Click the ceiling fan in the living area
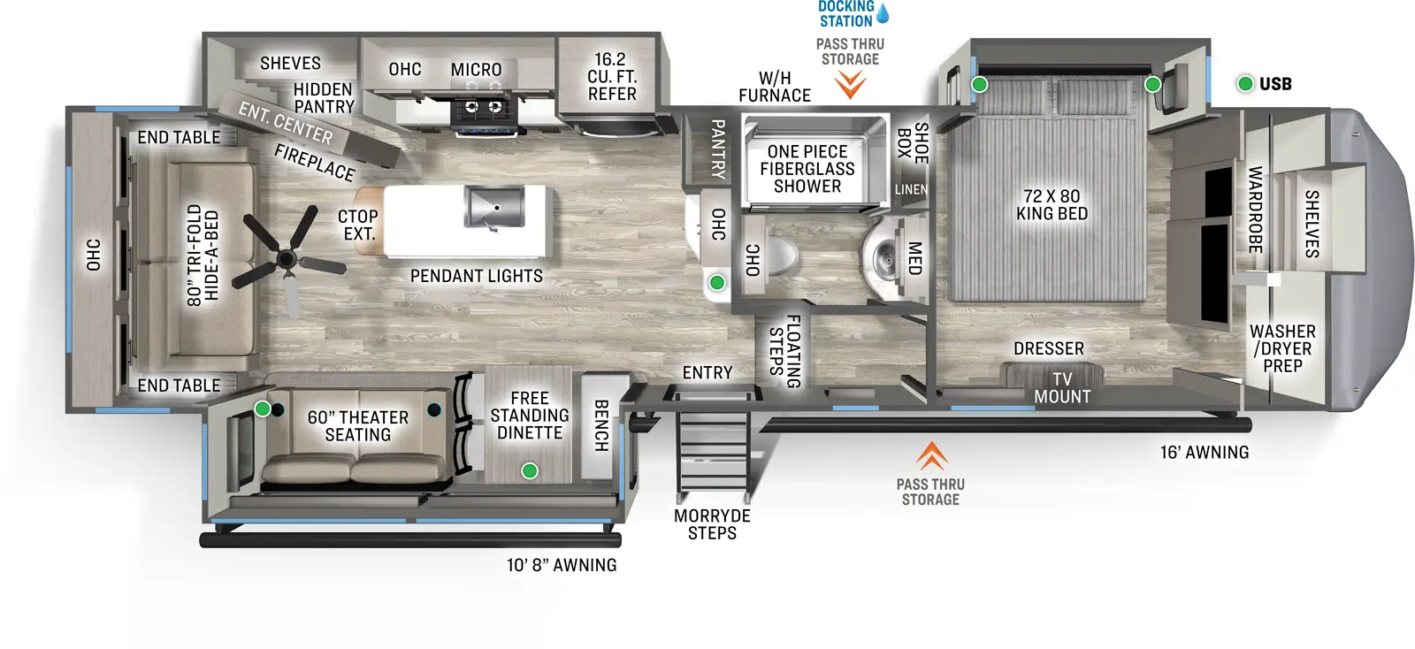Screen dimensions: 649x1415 point(286,258)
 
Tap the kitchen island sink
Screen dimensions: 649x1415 point(493,207)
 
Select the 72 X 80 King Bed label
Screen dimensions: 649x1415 point(1052,205)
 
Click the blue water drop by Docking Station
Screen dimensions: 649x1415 point(882,13)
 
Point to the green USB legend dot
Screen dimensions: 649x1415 point(1245,84)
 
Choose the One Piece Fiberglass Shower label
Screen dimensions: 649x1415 point(807,169)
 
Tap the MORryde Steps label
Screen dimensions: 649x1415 point(712,524)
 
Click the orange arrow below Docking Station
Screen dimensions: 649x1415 point(850,85)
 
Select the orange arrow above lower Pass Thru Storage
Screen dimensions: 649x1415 point(931,456)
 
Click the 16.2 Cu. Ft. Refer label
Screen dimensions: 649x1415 point(611,77)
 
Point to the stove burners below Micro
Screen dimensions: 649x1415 point(483,108)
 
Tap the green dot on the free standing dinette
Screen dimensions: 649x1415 point(529,470)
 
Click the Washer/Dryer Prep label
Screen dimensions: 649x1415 point(1282,348)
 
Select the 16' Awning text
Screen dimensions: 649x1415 point(1205,453)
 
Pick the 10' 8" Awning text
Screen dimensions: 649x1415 point(562,565)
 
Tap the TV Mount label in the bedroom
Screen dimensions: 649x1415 point(1062,388)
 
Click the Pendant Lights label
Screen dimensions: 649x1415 point(477,277)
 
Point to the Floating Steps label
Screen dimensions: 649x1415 point(784,351)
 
